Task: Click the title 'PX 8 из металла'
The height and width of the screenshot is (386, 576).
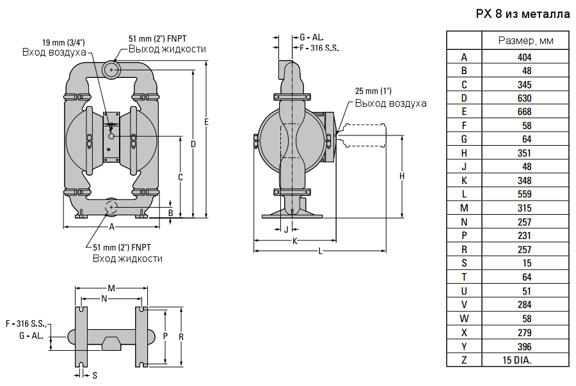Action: tap(523, 14)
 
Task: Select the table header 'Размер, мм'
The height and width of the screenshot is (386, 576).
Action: tap(525, 41)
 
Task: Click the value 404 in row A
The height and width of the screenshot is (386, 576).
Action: tap(525, 57)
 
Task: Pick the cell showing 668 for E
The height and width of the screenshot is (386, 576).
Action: tap(525, 112)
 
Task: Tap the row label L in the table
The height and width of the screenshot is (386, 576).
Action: tap(464, 194)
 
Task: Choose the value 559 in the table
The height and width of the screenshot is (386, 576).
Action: tap(525, 194)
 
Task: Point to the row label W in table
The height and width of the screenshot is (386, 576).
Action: tap(464, 318)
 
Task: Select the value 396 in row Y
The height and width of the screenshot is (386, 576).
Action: tap(525, 346)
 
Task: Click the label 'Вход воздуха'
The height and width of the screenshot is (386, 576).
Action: tap(54, 52)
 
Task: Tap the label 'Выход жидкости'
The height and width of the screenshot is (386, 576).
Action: tap(167, 49)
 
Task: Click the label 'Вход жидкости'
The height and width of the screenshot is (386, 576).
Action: tap(127, 258)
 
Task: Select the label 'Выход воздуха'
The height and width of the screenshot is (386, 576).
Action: tap(390, 103)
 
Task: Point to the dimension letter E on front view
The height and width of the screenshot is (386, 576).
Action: tap(206, 121)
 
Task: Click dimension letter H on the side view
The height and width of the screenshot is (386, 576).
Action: tap(401, 176)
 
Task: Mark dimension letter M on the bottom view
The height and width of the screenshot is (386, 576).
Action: tap(111, 288)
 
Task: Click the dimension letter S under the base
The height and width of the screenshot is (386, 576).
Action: tap(95, 374)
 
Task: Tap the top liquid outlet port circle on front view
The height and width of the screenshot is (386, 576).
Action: tap(113, 68)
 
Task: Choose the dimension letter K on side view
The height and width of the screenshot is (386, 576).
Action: tap(295, 241)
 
